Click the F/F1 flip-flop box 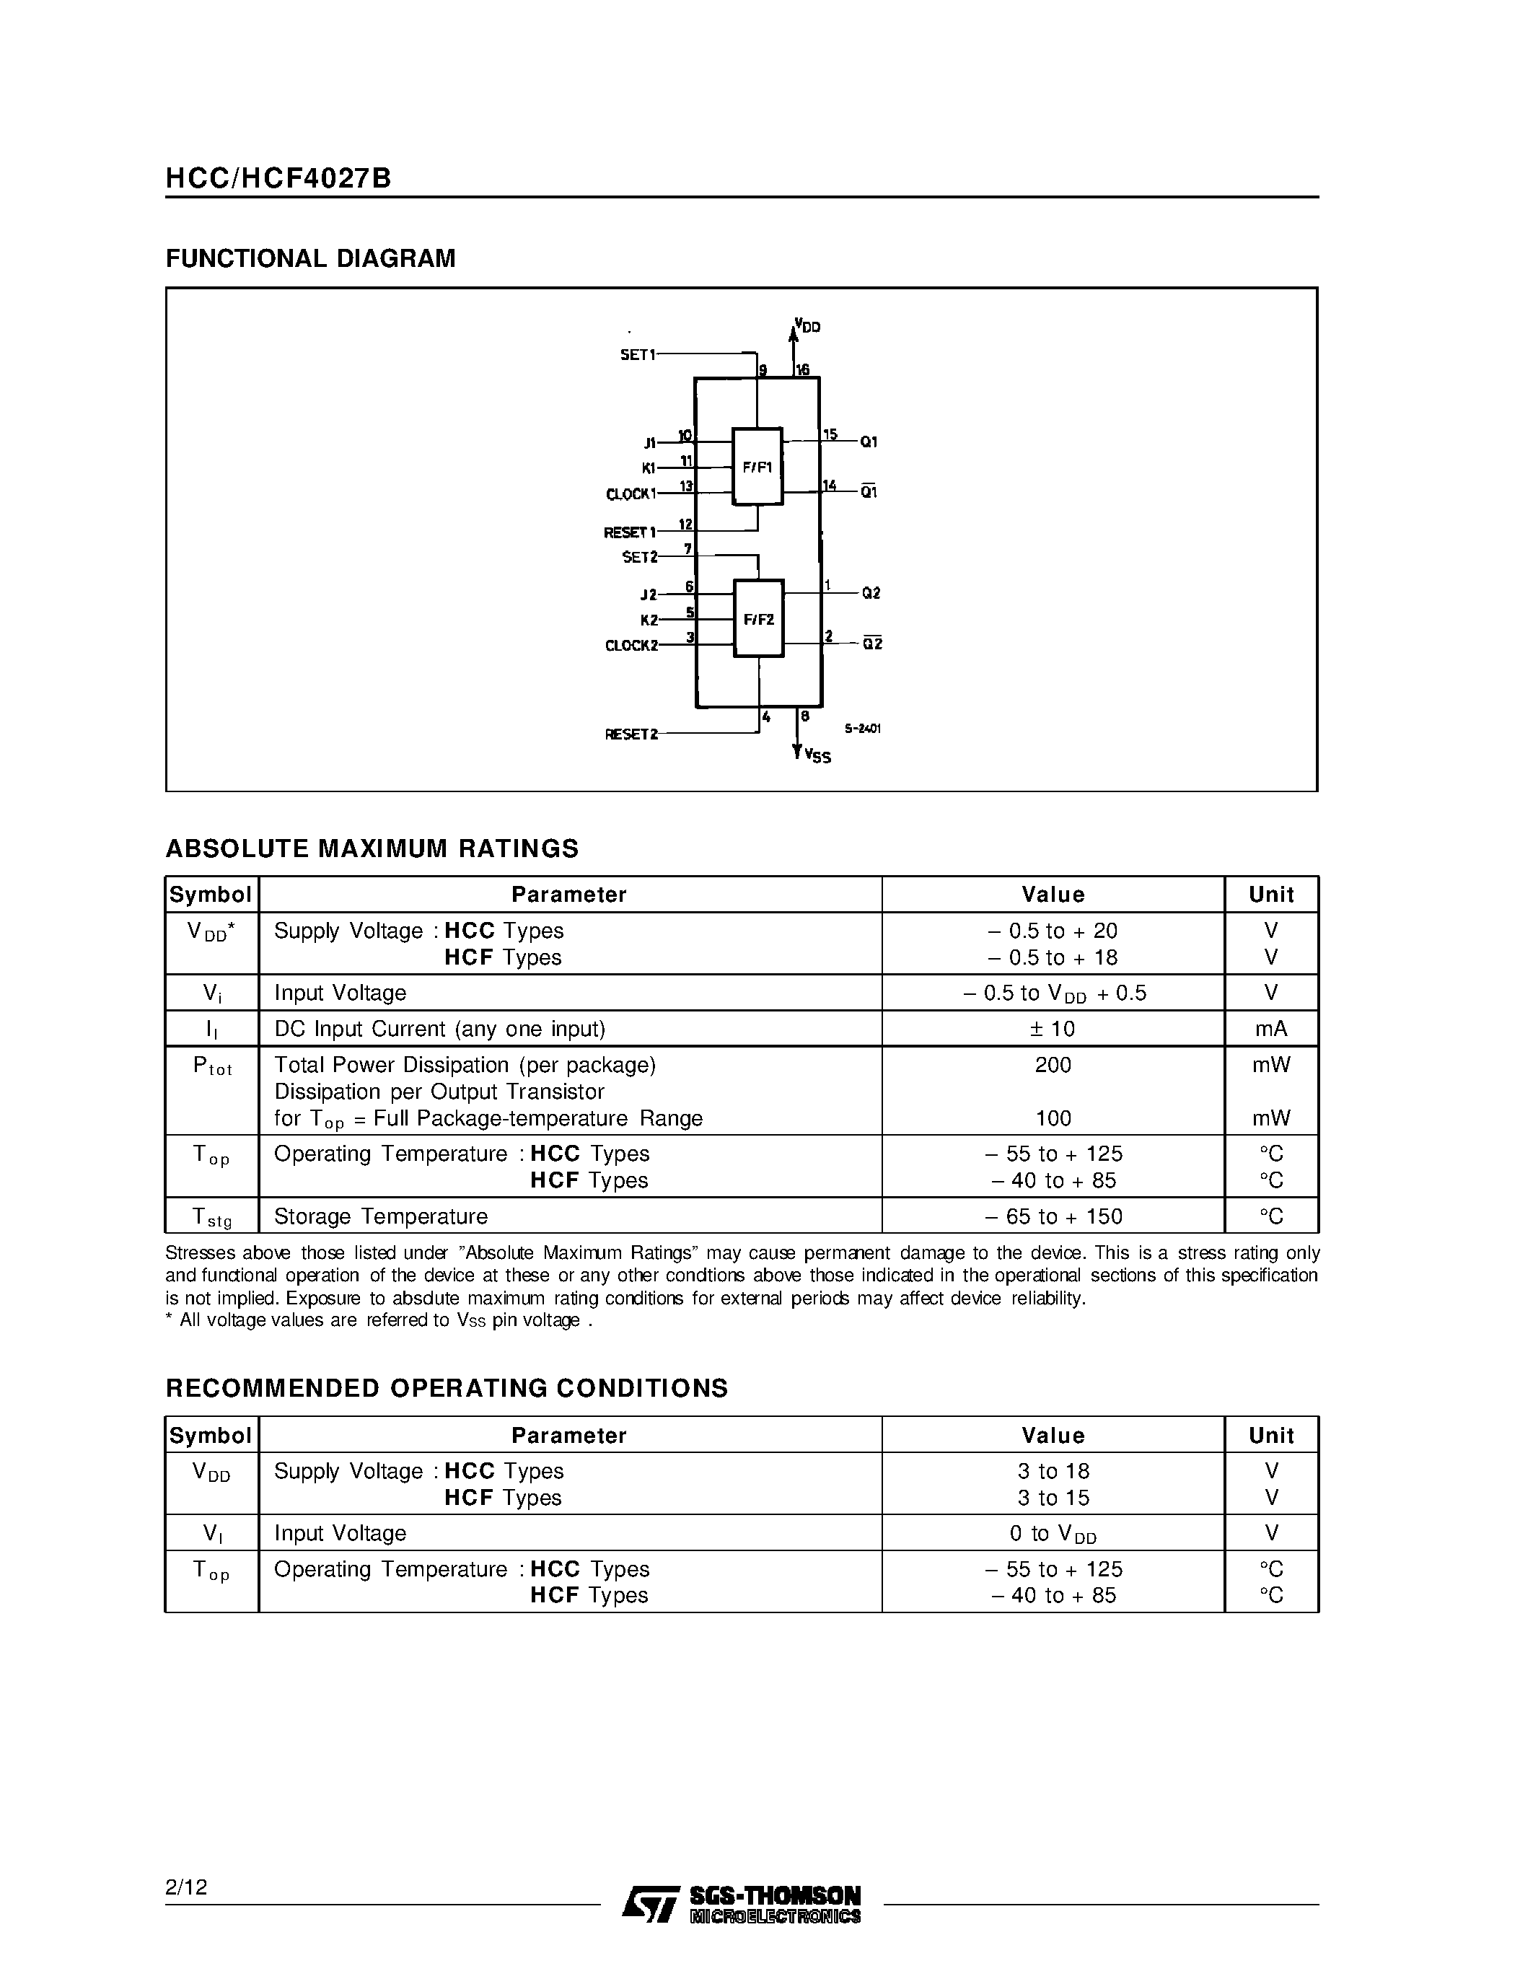click(x=757, y=467)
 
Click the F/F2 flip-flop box click(x=758, y=618)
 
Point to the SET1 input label click(x=638, y=354)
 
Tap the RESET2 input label click(x=631, y=734)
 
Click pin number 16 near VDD click(x=803, y=369)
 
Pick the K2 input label click(x=649, y=620)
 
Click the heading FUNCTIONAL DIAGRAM click(x=311, y=259)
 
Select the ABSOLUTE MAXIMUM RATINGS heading click(x=372, y=848)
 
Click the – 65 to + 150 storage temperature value click(x=1053, y=1216)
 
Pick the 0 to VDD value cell click(x=1053, y=1533)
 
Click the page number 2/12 click(x=186, y=1887)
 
